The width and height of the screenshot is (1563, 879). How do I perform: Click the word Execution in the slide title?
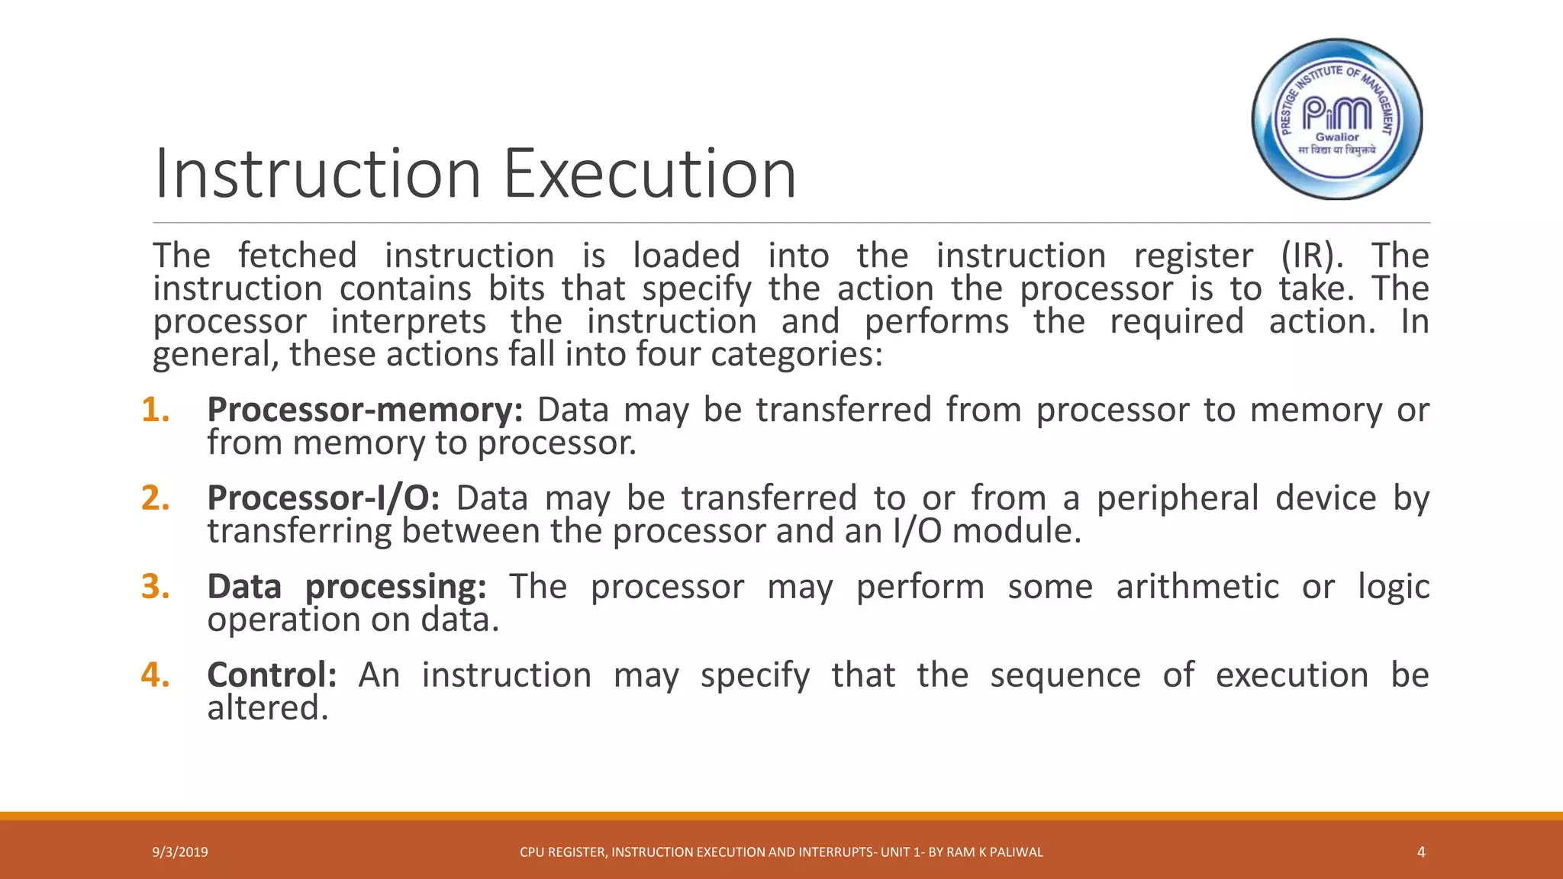(649, 174)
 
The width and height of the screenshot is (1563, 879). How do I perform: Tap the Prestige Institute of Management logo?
(1337, 119)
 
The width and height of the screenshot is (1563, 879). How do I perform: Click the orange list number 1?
(156, 411)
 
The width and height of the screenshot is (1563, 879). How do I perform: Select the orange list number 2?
(156, 499)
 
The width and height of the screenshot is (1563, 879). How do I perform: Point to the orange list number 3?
(156, 587)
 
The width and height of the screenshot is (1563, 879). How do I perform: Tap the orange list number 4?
(156, 675)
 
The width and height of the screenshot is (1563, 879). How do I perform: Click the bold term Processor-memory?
(365, 411)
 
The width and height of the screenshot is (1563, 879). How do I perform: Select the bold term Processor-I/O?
(324, 499)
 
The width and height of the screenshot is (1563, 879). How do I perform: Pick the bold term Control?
(272, 675)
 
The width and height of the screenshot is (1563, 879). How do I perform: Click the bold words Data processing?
(346, 587)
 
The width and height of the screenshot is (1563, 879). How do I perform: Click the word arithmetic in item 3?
(1197, 587)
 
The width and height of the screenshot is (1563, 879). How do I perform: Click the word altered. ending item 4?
(268, 708)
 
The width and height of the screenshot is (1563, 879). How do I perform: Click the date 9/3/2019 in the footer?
(180, 852)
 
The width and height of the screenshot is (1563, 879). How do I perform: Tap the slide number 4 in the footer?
(1420, 852)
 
